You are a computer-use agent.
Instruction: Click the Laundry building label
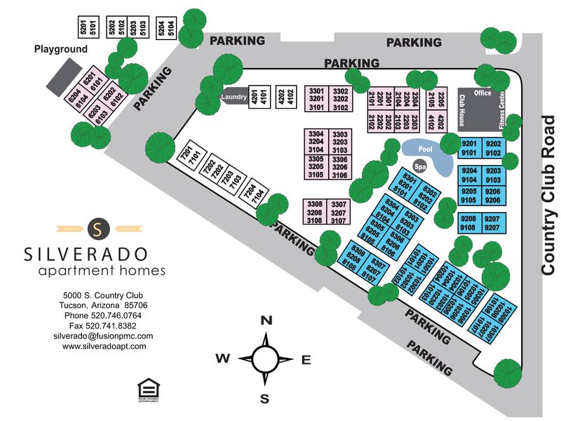pos(232,97)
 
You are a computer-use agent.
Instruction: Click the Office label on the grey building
pos(482,93)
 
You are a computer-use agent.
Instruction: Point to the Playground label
pos(61,49)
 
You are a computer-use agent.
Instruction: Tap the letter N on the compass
pos(266,321)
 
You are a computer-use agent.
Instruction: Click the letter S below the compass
pos(265,399)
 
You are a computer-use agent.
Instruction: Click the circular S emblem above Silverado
pos(98,227)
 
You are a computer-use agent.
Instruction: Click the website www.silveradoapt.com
pos(104,346)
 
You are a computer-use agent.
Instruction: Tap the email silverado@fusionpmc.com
pos(104,336)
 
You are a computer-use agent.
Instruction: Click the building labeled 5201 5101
pos(86,27)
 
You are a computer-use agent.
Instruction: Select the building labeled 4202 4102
pos(285,95)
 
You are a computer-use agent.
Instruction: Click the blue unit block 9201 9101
pos(468,148)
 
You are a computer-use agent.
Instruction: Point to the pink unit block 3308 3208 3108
pos(315,211)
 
